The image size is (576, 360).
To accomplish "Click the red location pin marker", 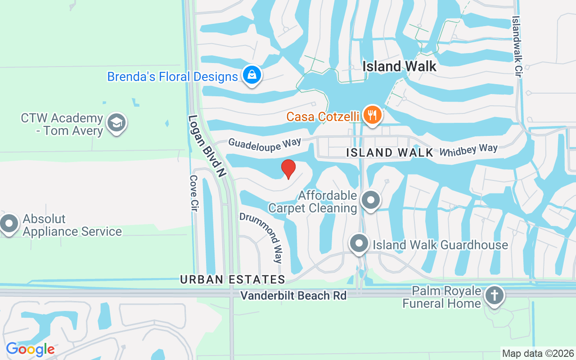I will [x=288, y=169].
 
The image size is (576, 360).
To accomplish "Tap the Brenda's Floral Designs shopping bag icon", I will [x=252, y=76].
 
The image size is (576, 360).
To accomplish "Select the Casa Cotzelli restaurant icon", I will [x=372, y=115].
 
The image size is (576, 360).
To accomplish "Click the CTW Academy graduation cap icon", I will [x=117, y=123].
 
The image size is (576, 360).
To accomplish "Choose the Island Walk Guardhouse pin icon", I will [x=359, y=244].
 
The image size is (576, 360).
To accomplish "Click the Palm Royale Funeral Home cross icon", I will [x=495, y=297].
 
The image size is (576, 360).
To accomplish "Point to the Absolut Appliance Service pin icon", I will [x=9, y=224].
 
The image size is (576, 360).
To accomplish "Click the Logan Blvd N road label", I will [x=207, y=146].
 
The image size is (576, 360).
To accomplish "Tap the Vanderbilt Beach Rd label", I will [x=293, y=296].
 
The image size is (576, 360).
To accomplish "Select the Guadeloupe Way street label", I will [x=265, y=143].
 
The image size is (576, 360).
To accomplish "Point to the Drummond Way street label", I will [x=261, y=237].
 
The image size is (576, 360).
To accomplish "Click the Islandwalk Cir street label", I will [x=517, y=47].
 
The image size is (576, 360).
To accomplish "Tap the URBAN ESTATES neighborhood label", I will [x=233, y=279].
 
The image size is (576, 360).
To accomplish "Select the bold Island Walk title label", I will [x=399, y=67].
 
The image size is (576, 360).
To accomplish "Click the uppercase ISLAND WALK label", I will [x=390, y=153].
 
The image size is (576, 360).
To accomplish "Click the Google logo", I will [x=30, y=349].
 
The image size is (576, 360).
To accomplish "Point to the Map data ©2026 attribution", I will [x=538, y=354].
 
